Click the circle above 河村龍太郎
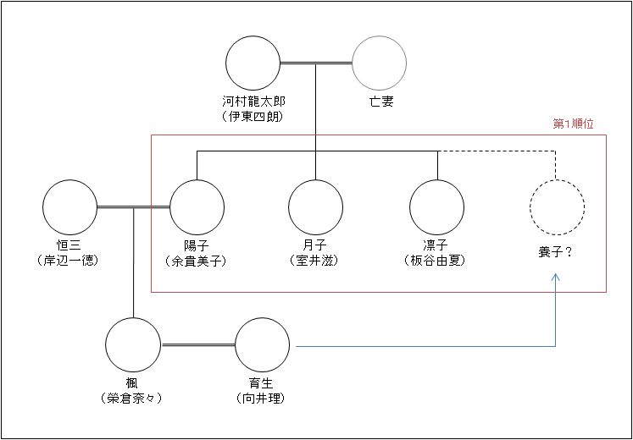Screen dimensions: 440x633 tap(253, 63)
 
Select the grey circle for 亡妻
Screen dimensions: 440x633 tap(380, 63)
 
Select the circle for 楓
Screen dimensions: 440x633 tap(133, 346)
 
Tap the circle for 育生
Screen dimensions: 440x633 tap(262, 346)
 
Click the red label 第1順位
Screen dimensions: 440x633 tap(573, 124)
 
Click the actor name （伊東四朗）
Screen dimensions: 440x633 tap(253, 116)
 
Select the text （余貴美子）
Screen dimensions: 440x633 tap(197, 261)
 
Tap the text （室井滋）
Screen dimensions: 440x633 tap(315, 261)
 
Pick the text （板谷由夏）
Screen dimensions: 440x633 tap(437, 261)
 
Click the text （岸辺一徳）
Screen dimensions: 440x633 tap(71, 261)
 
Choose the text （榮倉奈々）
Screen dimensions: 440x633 tap(133, 399)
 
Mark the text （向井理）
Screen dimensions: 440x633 tap(262, 399)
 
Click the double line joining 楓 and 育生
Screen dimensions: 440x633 tap(197, 346)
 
